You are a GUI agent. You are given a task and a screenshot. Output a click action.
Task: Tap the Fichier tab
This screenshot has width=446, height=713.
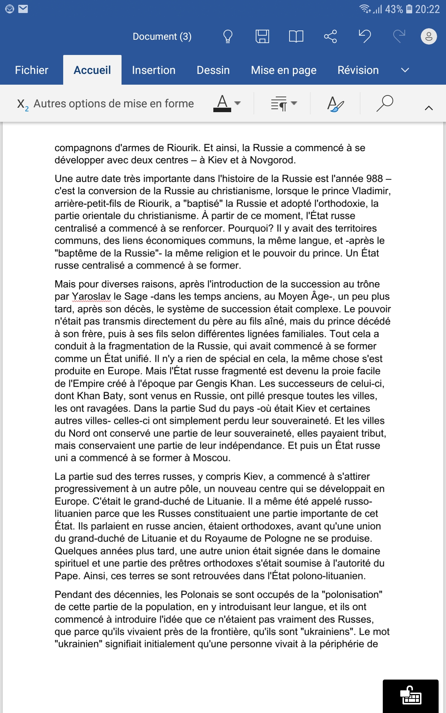click(32, 70)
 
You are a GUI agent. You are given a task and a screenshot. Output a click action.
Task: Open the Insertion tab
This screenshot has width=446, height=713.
click(153, 70)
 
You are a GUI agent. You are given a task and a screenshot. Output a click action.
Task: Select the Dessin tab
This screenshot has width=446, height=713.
click(213, 70)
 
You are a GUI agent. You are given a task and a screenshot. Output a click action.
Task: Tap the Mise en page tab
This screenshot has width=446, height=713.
click(284, 70)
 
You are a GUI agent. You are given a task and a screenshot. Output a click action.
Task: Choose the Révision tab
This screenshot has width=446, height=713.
click(358, 70)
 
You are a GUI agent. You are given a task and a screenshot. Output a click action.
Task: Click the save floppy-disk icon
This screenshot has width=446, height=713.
click(262, 36)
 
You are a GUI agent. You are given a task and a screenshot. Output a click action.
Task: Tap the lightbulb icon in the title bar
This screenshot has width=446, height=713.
click(227, 36)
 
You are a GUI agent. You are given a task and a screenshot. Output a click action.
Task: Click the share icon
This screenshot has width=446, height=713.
click(330, 36)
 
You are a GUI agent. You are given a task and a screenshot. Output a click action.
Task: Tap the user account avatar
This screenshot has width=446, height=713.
click(429, 36)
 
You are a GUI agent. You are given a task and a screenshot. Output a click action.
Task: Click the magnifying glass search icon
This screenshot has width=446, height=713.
click(385, 103)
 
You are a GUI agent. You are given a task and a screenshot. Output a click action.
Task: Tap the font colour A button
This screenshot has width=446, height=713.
click(222, 103)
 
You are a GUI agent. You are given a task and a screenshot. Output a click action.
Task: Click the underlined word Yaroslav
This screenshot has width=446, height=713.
click(91, 297)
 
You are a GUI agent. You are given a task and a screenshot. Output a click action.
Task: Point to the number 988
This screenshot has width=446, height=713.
click(374, 179)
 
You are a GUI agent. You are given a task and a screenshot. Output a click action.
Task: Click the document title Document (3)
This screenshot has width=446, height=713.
click(162, 36)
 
